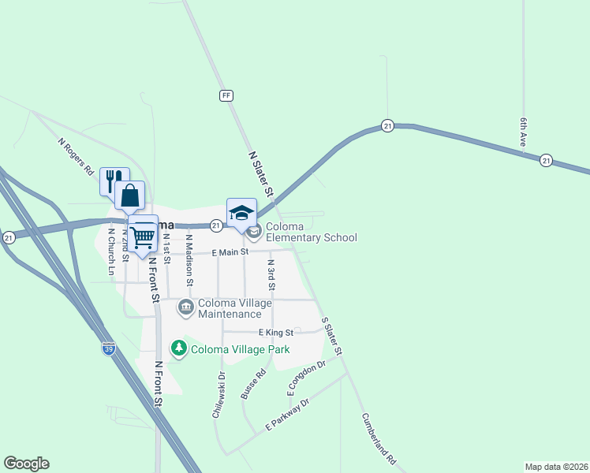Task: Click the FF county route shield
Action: [226, 95]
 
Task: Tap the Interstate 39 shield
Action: [109, 348]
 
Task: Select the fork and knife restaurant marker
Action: [114, 181]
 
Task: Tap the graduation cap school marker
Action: [241, 213]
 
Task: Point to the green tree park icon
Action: [179, 347]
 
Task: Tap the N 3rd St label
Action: [271, 274]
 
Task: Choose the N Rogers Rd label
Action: [77, 157]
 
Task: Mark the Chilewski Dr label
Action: [219, 394]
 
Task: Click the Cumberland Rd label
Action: [379, 438]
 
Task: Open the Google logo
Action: [26, 464]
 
